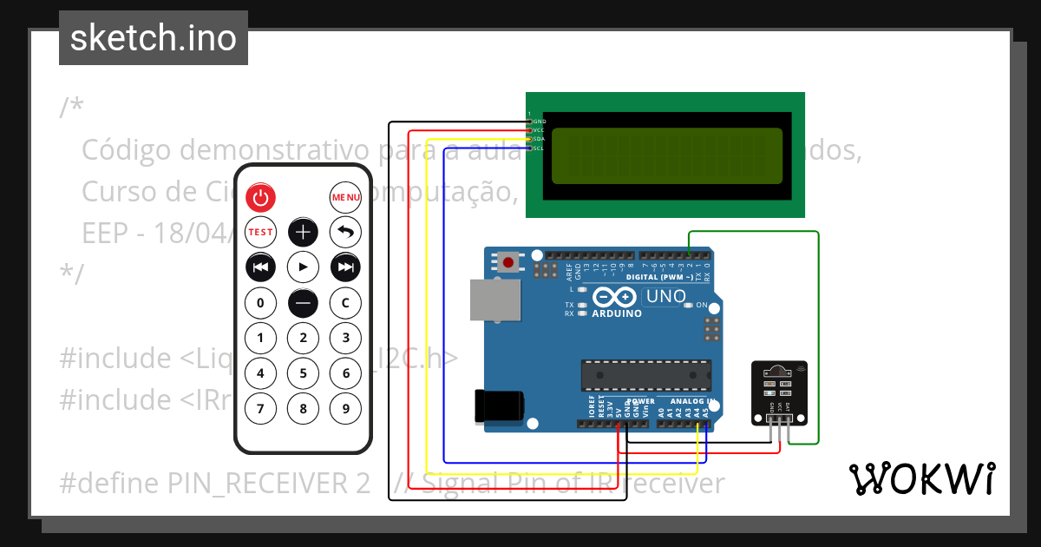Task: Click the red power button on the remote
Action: point(260,198)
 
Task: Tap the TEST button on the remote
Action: point(260,232)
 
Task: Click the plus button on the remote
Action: point(303,232)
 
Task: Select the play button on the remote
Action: point(303,267)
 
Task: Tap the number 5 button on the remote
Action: point(303,373)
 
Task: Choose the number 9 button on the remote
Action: point(345,408)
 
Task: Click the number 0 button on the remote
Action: point(260,303)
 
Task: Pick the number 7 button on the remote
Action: point(260,408)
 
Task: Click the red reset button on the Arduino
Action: point(508,261)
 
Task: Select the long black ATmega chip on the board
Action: point(645,375)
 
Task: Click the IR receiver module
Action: point(778,392)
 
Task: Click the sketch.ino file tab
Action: point(154,38)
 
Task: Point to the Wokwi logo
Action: point(921,478)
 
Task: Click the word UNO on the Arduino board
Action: point(665,296)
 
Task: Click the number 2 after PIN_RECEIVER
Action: point(363,483)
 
